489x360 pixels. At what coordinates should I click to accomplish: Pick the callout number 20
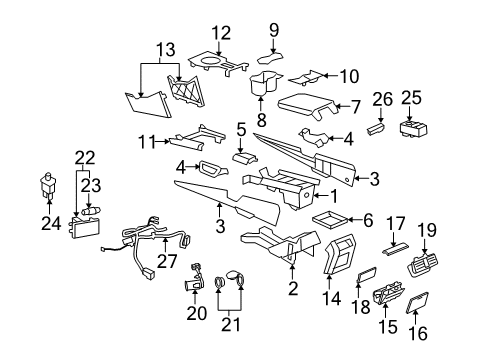196,314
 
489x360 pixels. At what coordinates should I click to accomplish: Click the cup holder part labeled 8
265,84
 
